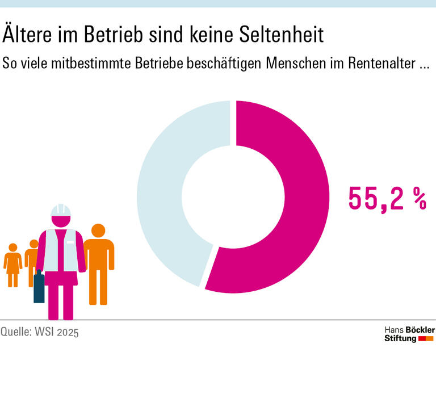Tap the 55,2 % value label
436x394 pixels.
coord(386,198)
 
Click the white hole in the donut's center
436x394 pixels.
coord(233,196)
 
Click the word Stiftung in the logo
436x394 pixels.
coord(400,339)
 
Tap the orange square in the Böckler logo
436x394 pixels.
coord(430,339)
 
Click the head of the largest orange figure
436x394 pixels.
coord(99,231)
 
